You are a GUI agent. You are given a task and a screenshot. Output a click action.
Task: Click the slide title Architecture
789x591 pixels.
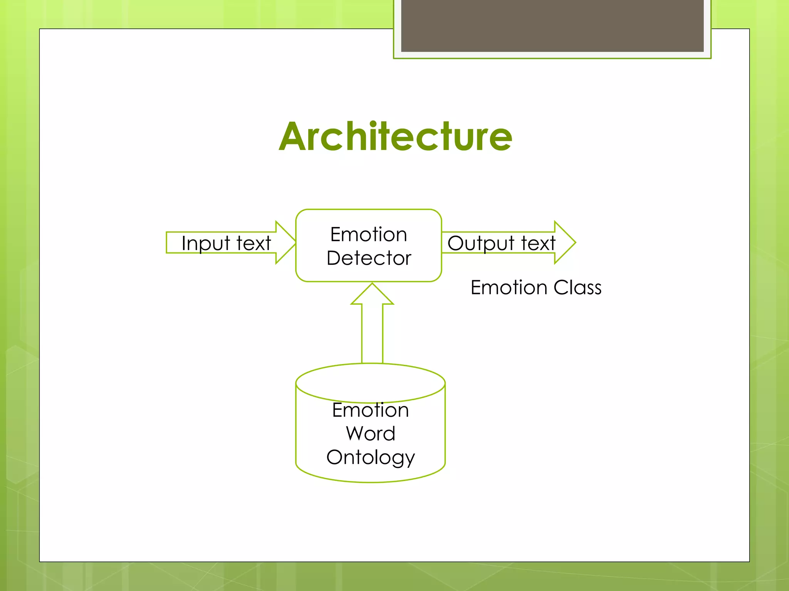coord(395,136)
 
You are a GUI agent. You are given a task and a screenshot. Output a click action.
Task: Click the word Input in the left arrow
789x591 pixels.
coord(205,244)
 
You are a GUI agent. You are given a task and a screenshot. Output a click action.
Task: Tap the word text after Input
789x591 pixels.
coord(253,243)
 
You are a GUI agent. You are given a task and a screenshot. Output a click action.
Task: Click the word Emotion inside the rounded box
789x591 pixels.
coord(368,234)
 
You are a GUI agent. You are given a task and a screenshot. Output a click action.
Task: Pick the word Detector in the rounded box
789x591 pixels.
coord(369,258)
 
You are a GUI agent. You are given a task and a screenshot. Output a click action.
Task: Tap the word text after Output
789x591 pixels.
coord(538,243)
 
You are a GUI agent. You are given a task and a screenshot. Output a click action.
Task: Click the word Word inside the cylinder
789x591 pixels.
coord(370,434)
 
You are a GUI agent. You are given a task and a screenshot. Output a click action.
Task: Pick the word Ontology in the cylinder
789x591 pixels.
coord(370,457)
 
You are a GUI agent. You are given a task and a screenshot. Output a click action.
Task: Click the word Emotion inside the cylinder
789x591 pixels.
coord(370,410)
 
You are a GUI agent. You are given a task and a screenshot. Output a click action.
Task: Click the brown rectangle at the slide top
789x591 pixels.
coord(552,25)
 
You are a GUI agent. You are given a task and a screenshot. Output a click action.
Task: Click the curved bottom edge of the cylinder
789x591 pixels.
coord(370,481)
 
